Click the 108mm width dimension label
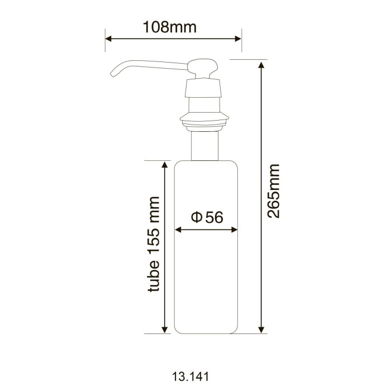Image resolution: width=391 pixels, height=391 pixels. pyautogui.click(x=170, y=27)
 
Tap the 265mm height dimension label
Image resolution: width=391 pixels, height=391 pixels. pyautogui.click(x=273, y=191)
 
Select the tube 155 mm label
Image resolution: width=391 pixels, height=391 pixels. pyautogui.click(x=153, y=244)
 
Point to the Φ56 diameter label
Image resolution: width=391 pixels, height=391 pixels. pyautogui.click(x=207, y=217)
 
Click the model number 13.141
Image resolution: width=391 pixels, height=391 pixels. pyautogui.click(x=190, y=376)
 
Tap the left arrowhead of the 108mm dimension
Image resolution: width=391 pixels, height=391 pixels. pyautogui.click(x=108, y=39)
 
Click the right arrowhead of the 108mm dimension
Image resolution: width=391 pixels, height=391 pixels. pyautogui.click(x=239, y=39)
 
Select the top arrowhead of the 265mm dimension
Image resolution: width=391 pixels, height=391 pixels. pyautogui.click(x=261, y=64)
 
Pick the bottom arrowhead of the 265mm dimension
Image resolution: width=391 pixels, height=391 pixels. pyautogui.click(x=261, y=330)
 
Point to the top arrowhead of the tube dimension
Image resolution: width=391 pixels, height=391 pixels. pyautogui.click(x=164, y=164)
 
